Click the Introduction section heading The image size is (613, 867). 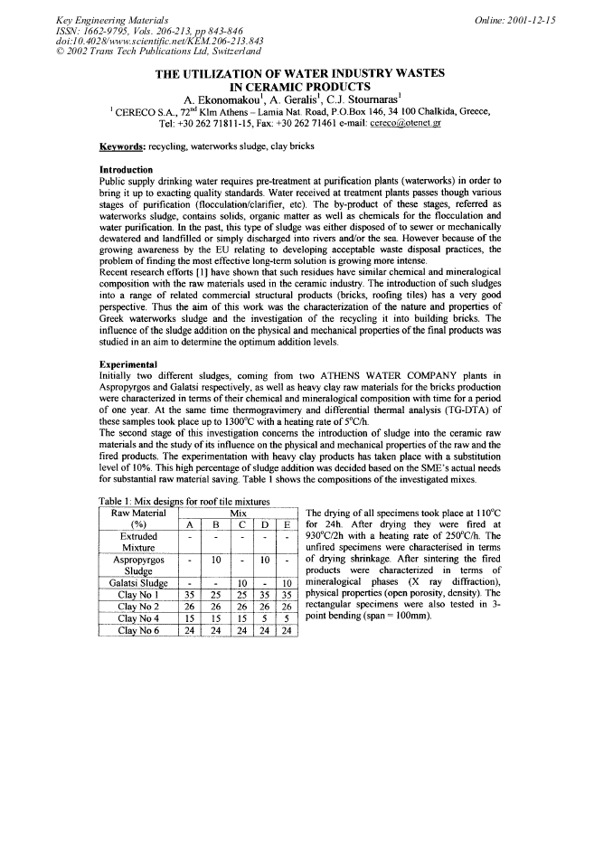pos(126,170)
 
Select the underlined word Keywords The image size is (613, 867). pos(124,146)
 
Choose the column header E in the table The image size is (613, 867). pos(287,523)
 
